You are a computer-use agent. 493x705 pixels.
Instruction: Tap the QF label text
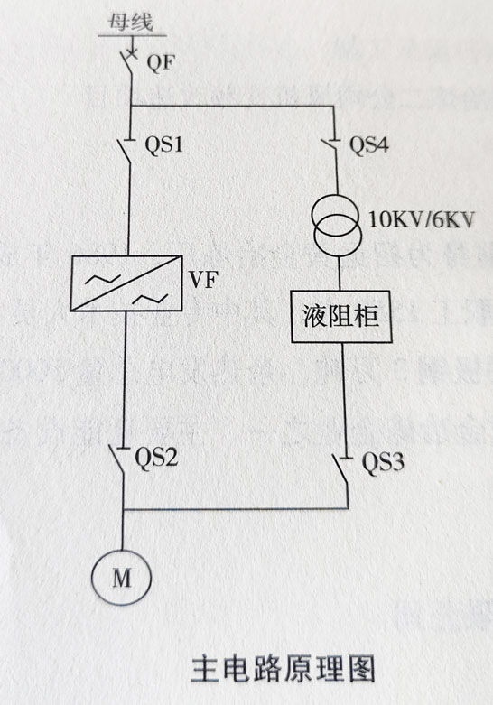pos(159,62)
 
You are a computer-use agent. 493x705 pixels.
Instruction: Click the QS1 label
pos(164,144)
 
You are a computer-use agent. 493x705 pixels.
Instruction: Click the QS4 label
pos(368,144)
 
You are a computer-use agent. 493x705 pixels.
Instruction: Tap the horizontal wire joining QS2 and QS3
pos(235,509)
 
